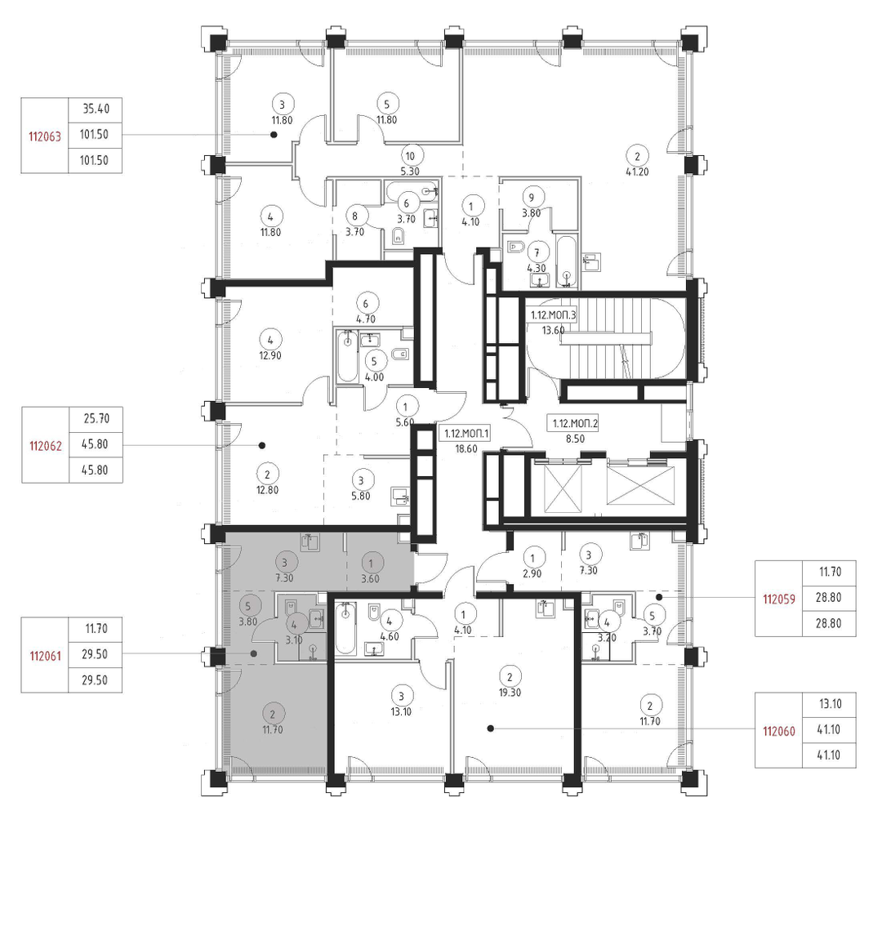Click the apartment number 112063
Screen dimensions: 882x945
[45, 136]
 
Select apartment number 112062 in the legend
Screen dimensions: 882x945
[46, 446]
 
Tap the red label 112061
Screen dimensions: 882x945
[46, 656]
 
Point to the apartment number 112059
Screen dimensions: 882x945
[779, 599]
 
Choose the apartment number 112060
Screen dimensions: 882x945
[779, 731]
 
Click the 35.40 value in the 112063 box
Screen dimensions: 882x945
[96, 109]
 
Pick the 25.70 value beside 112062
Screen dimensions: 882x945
[96, 419]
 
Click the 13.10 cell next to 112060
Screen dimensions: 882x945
[830, 704]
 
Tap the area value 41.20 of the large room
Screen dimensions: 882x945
[637, 172]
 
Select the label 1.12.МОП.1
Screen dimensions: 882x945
[467, 434]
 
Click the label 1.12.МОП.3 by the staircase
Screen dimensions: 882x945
[553, 315]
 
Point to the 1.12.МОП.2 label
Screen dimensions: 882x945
[576, 424]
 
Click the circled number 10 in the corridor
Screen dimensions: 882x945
[410, 156]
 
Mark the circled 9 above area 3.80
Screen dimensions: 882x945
[531, 197]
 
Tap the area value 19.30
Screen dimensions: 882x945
[510, 693]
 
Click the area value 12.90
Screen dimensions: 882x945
[269, 355]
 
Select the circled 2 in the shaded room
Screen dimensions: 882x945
[273, 714]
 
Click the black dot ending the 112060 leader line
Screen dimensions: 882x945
[490, 729]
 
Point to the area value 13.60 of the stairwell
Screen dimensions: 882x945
[553, 330]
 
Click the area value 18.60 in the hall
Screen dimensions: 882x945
[466, 449]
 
